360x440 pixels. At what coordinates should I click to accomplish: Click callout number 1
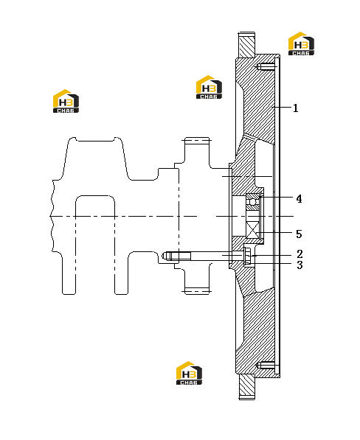[295, 108]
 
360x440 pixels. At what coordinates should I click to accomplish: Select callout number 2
[300, 254]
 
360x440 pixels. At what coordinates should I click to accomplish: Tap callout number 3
[300, 265]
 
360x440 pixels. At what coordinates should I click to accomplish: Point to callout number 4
[299, 199]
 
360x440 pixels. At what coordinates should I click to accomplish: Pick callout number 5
[299, 234]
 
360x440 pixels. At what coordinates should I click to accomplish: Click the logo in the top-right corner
[301, 43]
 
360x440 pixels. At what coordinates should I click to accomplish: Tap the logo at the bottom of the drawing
[189, 373]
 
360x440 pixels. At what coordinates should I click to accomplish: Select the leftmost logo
[66, 101]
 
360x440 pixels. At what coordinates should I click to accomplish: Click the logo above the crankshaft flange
[209, 87]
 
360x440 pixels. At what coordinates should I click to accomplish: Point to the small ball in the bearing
[253, 202]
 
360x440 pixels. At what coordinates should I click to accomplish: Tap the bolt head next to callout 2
[247, 256]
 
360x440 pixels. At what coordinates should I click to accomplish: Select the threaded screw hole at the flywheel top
[266, 67]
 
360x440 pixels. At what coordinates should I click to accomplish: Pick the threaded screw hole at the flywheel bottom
[266, 366]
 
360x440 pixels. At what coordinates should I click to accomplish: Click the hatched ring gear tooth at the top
[247, 45]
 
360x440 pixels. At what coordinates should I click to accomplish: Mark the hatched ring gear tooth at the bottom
[247, 387]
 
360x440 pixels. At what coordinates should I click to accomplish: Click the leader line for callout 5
[277, 233]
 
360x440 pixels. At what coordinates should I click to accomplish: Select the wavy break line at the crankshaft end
[52, 215]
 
